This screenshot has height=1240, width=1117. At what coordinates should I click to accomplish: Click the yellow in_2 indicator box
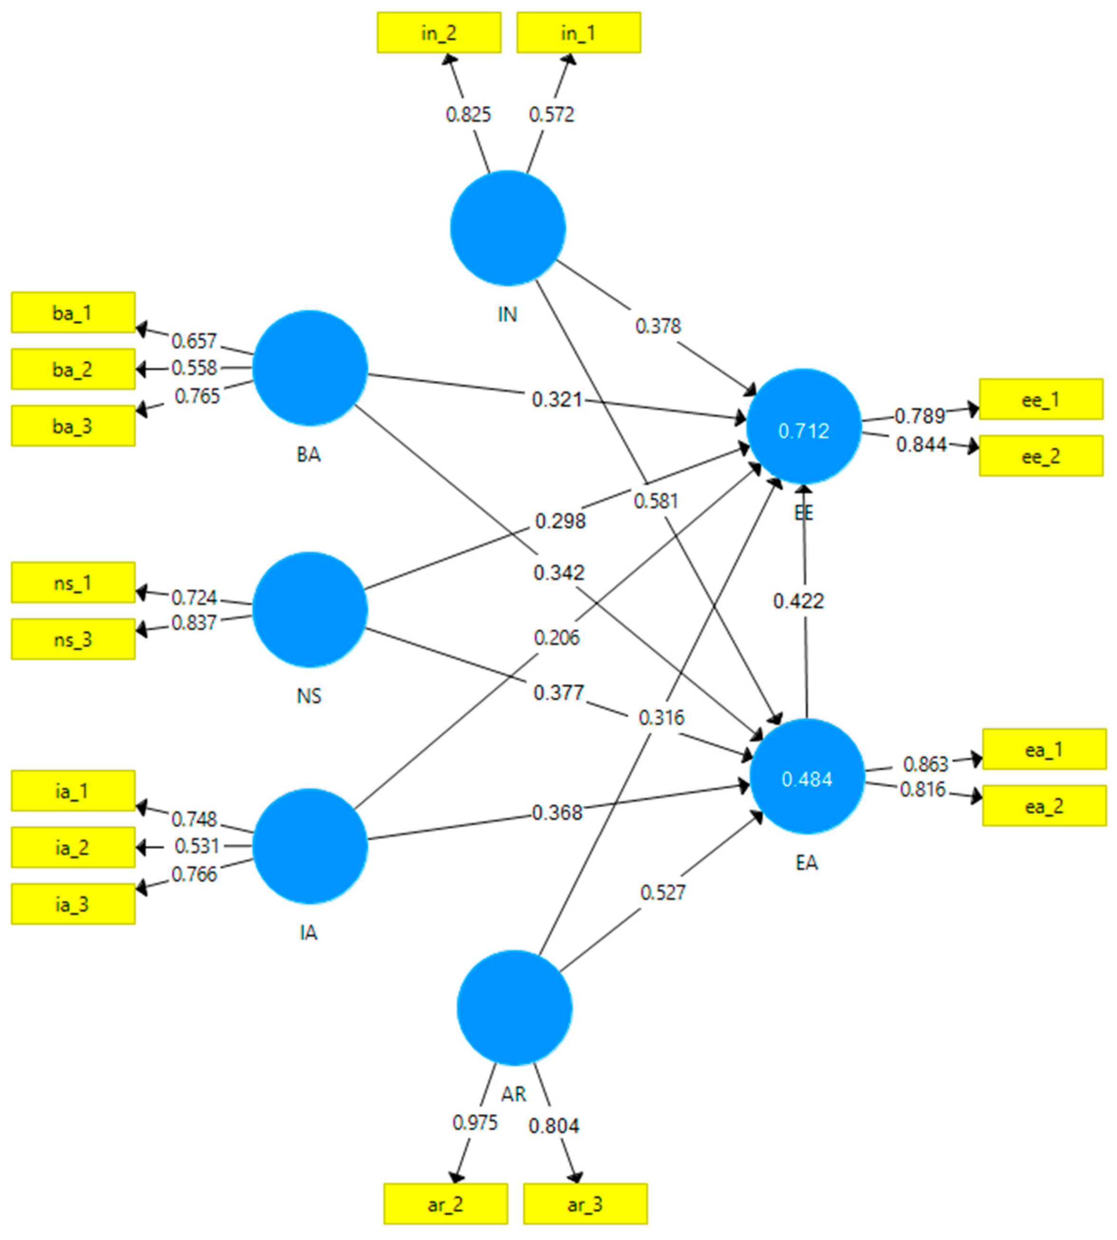439,33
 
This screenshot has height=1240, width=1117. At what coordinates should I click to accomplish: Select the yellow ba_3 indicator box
73,426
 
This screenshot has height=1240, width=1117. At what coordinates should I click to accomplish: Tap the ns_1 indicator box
73,582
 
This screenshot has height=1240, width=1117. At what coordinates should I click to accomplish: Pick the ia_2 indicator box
73,847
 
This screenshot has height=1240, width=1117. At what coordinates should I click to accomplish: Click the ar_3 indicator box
585,1204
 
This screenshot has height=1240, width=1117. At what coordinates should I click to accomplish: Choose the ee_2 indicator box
1041,456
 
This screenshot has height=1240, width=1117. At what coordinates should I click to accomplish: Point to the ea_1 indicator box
1044,749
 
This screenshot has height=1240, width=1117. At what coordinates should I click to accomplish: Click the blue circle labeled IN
508,228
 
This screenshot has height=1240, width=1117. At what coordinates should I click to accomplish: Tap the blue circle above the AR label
514,1008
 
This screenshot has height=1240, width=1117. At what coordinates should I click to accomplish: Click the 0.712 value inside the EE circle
804,431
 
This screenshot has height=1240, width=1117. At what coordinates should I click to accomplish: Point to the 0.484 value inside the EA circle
807,779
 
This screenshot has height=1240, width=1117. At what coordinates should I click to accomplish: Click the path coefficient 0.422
798,600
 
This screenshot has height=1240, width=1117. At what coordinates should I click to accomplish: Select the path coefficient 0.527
663,892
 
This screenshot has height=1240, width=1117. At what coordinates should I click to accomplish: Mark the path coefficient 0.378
658,326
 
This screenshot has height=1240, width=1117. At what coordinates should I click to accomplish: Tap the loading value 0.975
475,1123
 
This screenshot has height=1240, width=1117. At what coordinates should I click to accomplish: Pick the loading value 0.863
926,764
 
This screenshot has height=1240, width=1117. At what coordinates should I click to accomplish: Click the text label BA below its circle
309,454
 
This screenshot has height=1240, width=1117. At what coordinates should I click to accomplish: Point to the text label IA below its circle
309,932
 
